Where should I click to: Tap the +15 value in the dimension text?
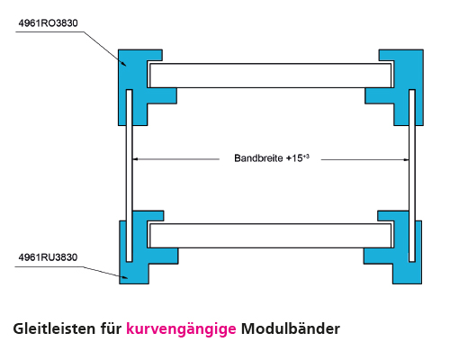tap(297, 158)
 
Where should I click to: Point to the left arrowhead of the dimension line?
tap(136, 159)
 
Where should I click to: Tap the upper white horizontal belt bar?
tap(270, 75)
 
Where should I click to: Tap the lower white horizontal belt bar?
tap(270, 236)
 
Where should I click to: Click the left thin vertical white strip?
tap(130, 171)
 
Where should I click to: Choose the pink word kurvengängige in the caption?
tap(181, 328)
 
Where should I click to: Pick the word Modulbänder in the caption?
tap(292, 328)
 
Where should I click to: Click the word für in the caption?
tap(110, 328)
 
